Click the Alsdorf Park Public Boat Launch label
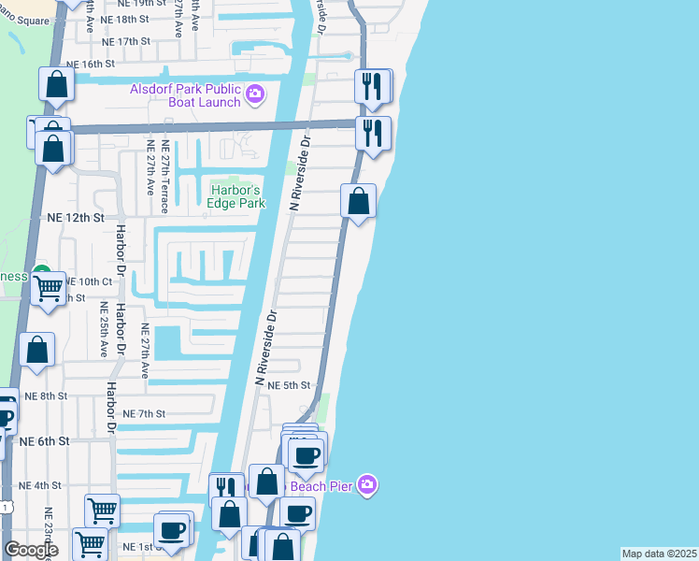(x=185, y=95)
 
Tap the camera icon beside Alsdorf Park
(x=254, y=94)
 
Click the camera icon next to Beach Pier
(x=367, y=484)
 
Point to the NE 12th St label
(x=75, y=217)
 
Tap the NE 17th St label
(x=126, y=41)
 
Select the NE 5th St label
(x=289, y=385)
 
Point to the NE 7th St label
(x=144, y=413)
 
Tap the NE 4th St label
(x=40, y=485)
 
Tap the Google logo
(x=31, y=550)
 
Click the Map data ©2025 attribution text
(x=659, y=554)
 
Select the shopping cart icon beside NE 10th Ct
(x=49, y=288)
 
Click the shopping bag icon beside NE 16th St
(x=57, y=84)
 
